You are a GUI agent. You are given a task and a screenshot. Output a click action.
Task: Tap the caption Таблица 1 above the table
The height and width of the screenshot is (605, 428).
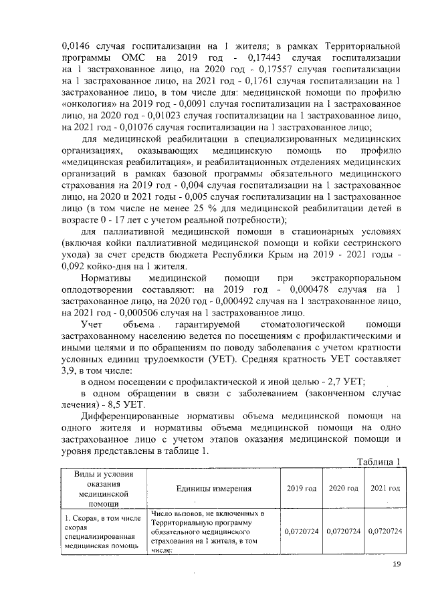pyautogui.click(x=379, y=461)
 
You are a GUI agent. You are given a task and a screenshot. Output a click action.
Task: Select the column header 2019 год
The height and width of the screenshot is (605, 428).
pyautogui.click(x=302, y=489)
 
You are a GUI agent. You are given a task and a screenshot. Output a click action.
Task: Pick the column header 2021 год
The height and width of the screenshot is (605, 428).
pyautogui.click(x=385, y=489)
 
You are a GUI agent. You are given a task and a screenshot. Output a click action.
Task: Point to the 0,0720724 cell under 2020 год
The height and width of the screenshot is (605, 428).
pyautogui.click(x=344, y=531)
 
